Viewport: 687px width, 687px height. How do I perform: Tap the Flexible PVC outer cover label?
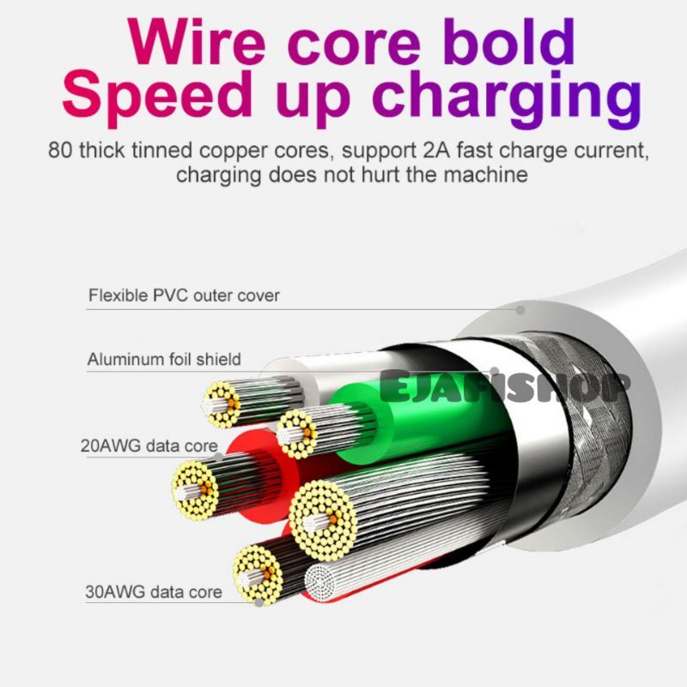184,295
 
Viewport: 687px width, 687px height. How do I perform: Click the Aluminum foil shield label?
164,359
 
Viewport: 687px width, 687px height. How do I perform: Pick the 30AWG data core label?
154,592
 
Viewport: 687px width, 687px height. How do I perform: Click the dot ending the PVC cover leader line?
520,309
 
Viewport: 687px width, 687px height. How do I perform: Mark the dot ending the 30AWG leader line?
260,601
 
